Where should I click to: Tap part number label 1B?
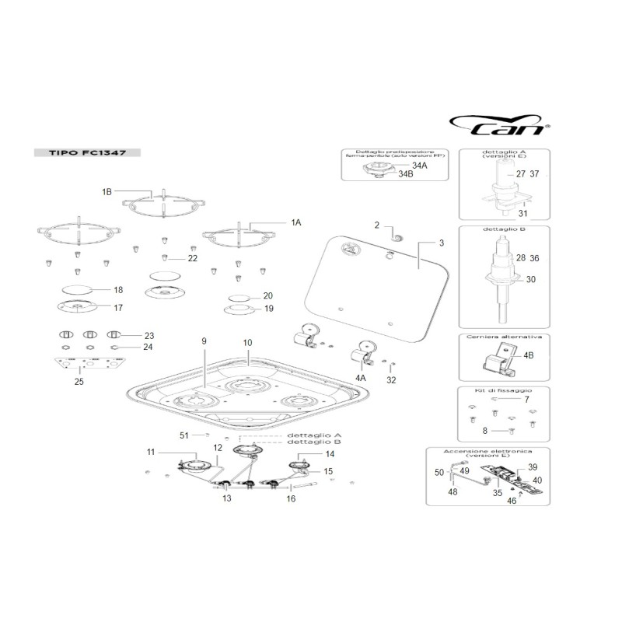point(107,190)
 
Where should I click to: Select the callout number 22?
point(192,257)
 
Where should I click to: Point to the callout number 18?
point(118,290)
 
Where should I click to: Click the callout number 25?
point(79,381)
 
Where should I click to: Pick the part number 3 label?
point(441,243)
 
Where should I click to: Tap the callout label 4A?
point(360,378)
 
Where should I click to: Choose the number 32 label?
point(391,380)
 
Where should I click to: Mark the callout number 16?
point(291,498)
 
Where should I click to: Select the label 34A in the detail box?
point(420,166)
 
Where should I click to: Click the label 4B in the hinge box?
point(529,355)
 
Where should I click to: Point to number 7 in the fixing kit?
point(526,399)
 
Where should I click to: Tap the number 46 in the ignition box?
point(512,501)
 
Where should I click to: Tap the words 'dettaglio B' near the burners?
point(314,442)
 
